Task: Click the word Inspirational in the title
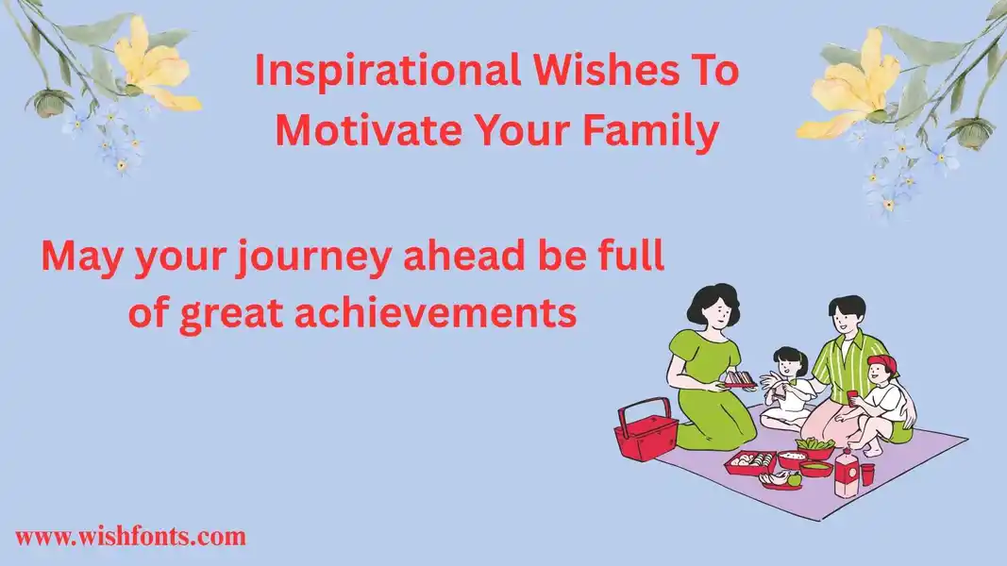coord(387,71)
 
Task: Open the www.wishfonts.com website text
coord(130,537)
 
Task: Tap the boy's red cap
coord(883,364)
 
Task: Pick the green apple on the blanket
coord(795,478)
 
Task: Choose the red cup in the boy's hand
coord(852,397)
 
